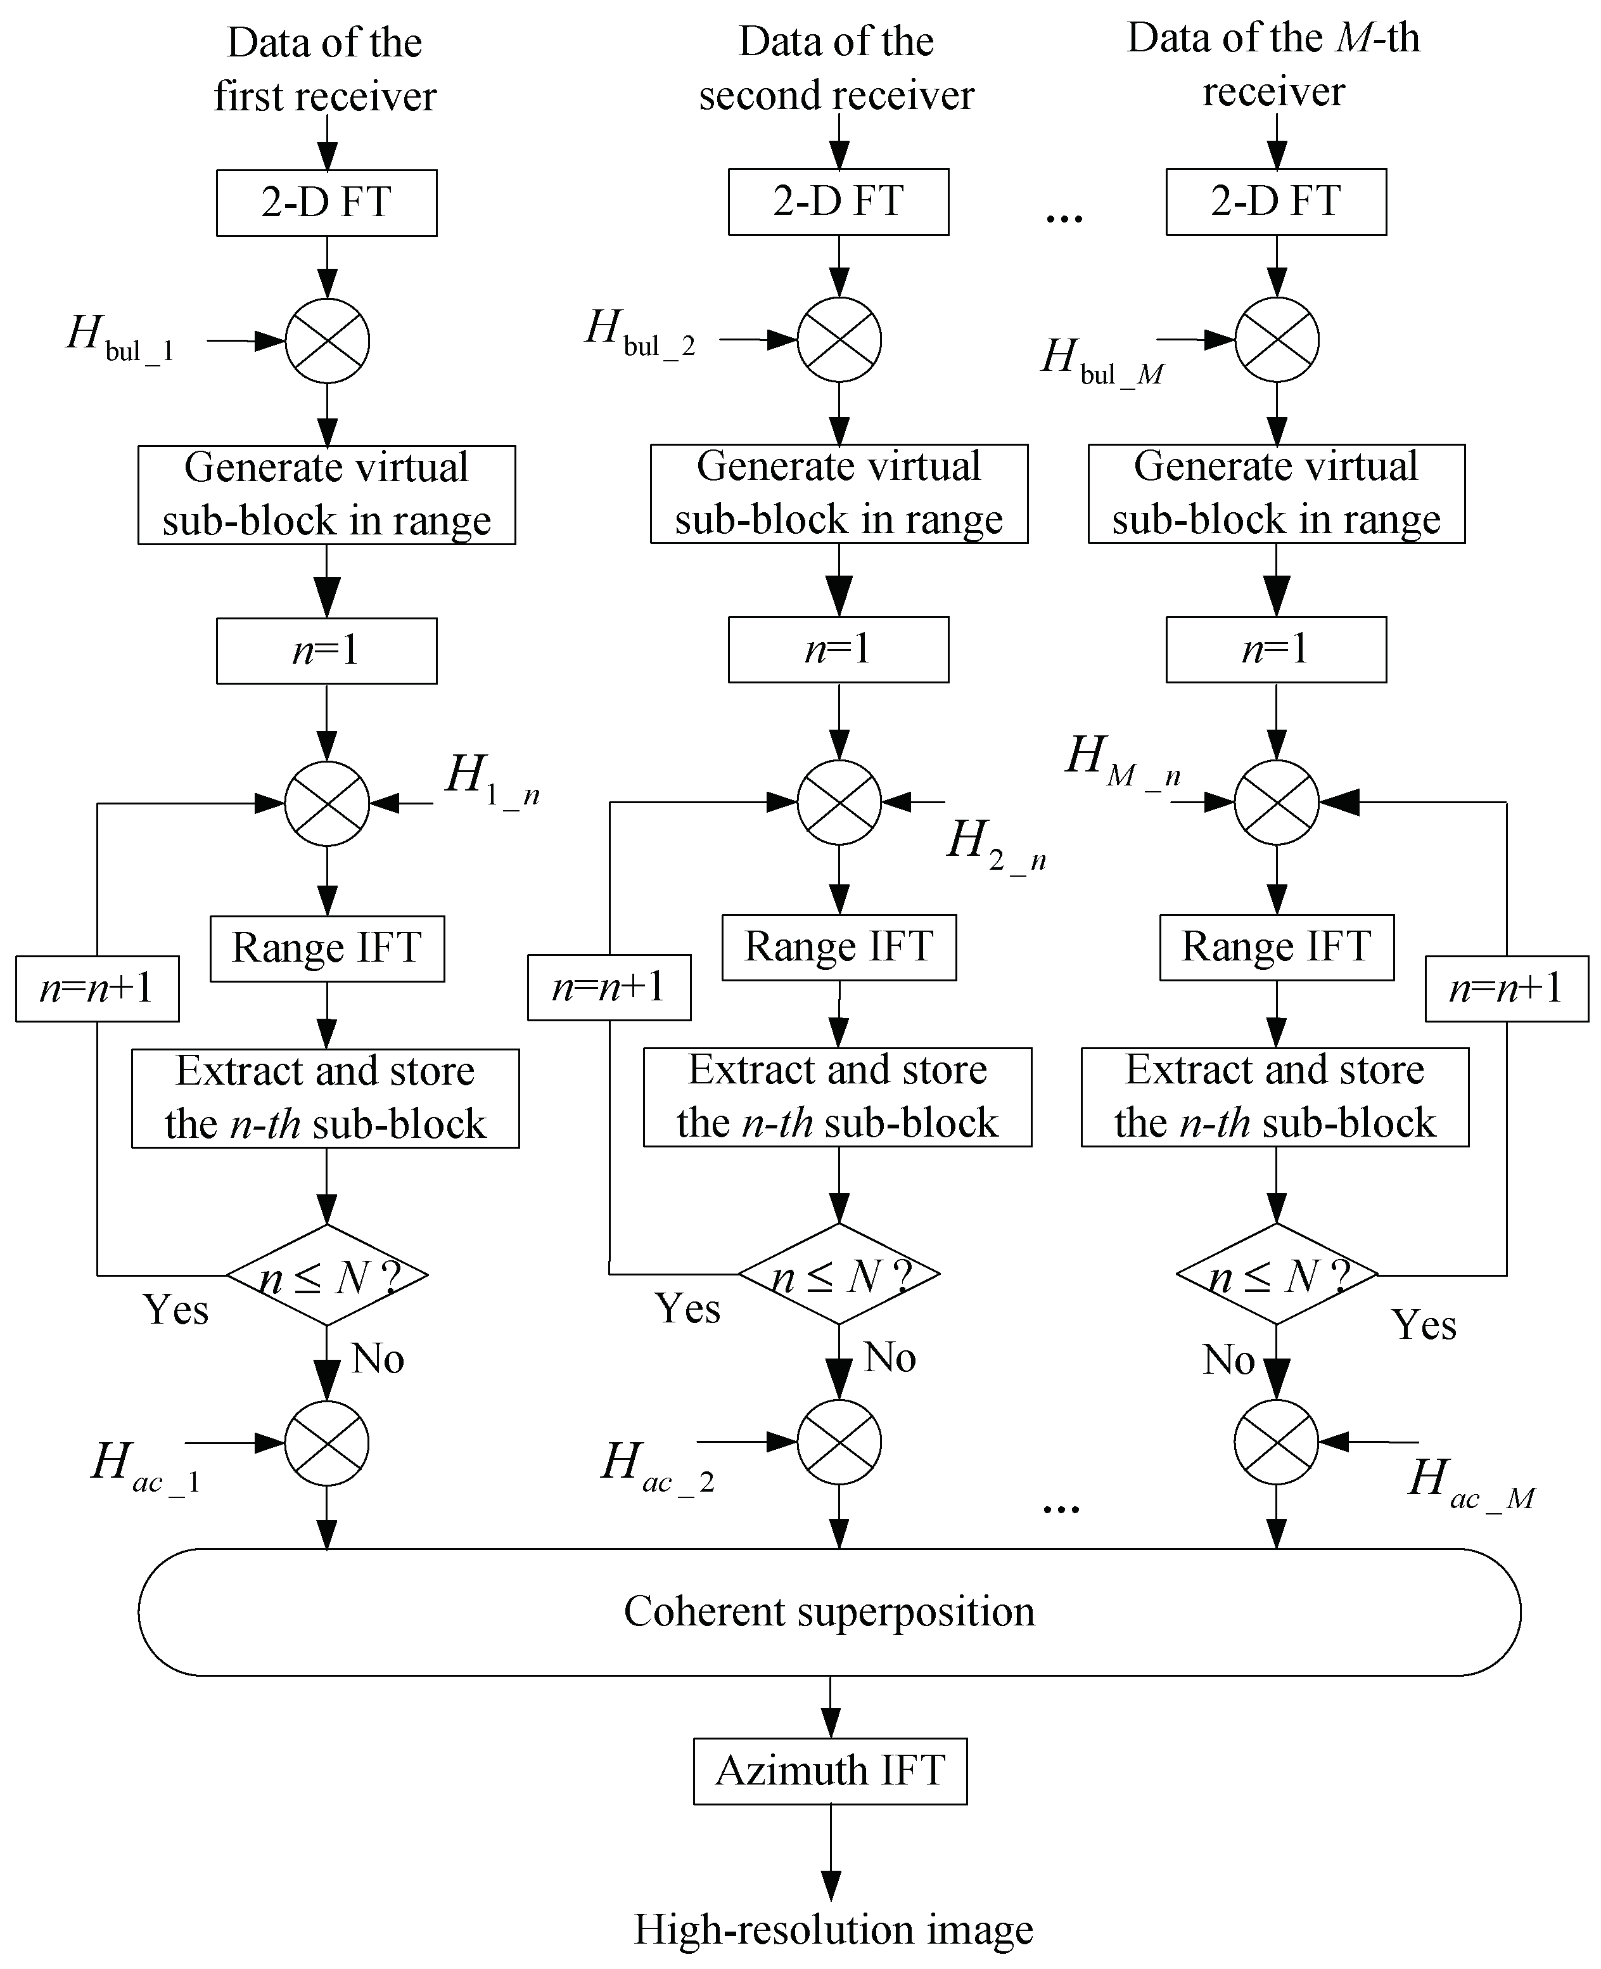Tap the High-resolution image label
(832, 1928)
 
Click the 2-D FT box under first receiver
(326, 202)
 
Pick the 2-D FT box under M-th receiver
(1275, 201)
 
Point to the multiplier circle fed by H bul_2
(838, 340)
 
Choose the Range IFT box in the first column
(326, 948)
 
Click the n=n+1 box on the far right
(1506, 988)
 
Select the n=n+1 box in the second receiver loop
(609, 987)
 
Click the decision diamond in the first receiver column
(326, 1275)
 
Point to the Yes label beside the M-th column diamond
(1423, 1325)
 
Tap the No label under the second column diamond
(889, 1357)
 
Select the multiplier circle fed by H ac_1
(326, 1443)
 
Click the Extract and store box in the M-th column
(1275, 1097)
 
